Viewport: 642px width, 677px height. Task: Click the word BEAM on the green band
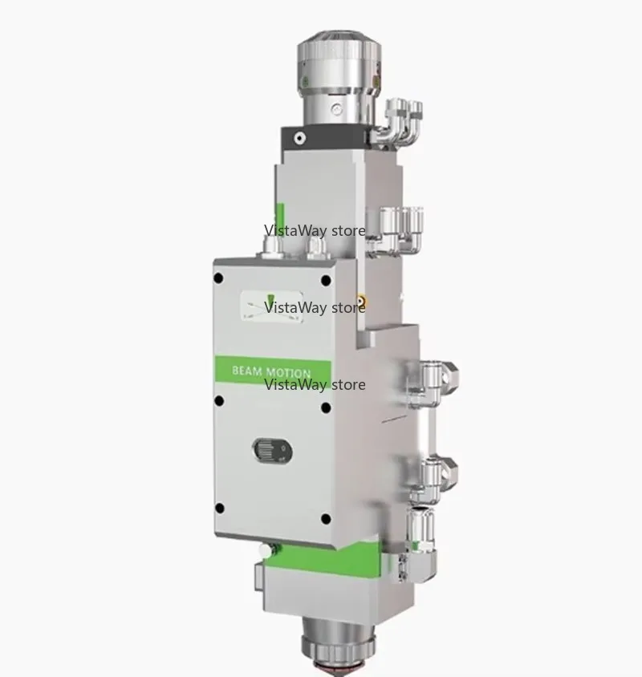[x=247, y=371]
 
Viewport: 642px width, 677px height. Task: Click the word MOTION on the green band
[x=288, y=373]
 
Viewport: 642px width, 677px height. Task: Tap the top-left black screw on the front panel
[x=218, y=278]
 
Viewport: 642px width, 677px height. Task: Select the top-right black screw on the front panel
[x=326, y=281]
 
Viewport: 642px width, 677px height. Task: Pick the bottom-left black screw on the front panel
[x=219, y=509]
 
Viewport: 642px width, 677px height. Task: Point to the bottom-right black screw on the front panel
[x=326, y=518]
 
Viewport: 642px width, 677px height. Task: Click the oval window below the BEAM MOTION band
[x=272, y=451]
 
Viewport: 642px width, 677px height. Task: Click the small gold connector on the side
[x=360, y=300]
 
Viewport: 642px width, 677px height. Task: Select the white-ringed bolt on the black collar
[x=299, y=138]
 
